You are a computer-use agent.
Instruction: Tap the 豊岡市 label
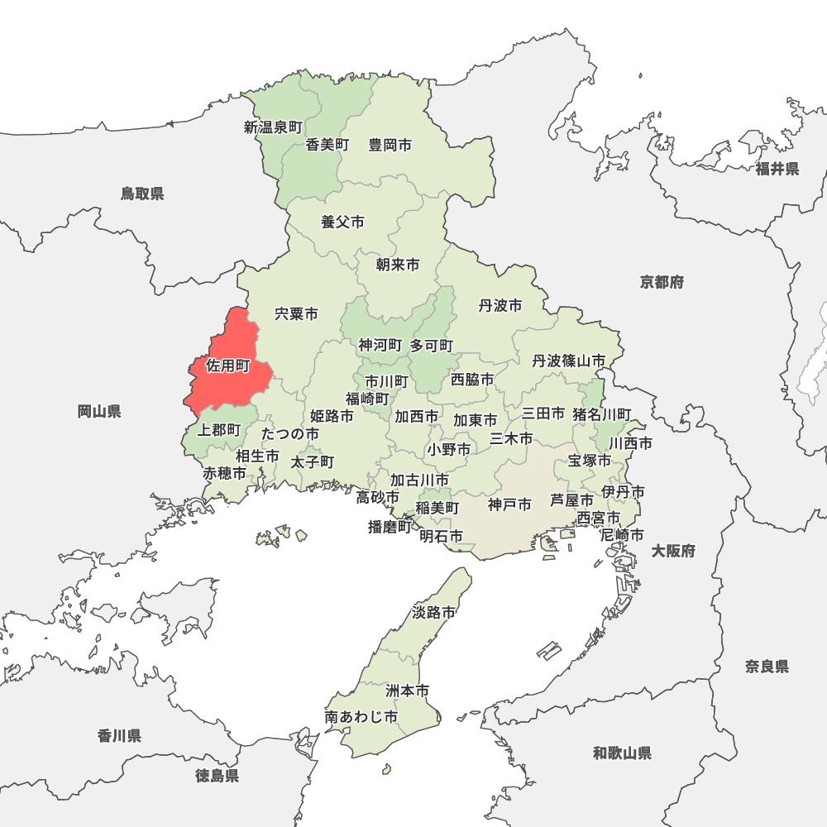click(390, 146)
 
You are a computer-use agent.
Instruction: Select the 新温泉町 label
click(273, 127)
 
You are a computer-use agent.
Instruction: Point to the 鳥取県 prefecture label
click(142, 194)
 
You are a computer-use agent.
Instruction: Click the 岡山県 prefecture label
click(99, 411)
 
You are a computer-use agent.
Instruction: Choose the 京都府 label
click(662, 283)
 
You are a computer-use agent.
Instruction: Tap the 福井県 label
click(777, 170)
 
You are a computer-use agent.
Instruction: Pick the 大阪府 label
click(672, 551)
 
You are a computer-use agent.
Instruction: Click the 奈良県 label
click(767, 667)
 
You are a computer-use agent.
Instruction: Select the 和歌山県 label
click(622, 753)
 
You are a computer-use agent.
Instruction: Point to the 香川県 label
click(119, 735)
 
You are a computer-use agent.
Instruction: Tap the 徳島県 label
click(218, 776)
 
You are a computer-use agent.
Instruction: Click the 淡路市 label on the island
click(433, 613)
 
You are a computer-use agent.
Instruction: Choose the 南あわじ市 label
click(361, 717)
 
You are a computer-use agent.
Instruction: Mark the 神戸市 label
click(509, 504)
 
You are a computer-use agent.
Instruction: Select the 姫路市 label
click(332, 416)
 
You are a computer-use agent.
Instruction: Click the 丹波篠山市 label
click(568, 361)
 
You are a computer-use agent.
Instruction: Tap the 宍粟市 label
click(296, 314)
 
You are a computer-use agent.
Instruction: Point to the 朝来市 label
click(397, 265)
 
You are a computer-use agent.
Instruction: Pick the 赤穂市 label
click(225, 474)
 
